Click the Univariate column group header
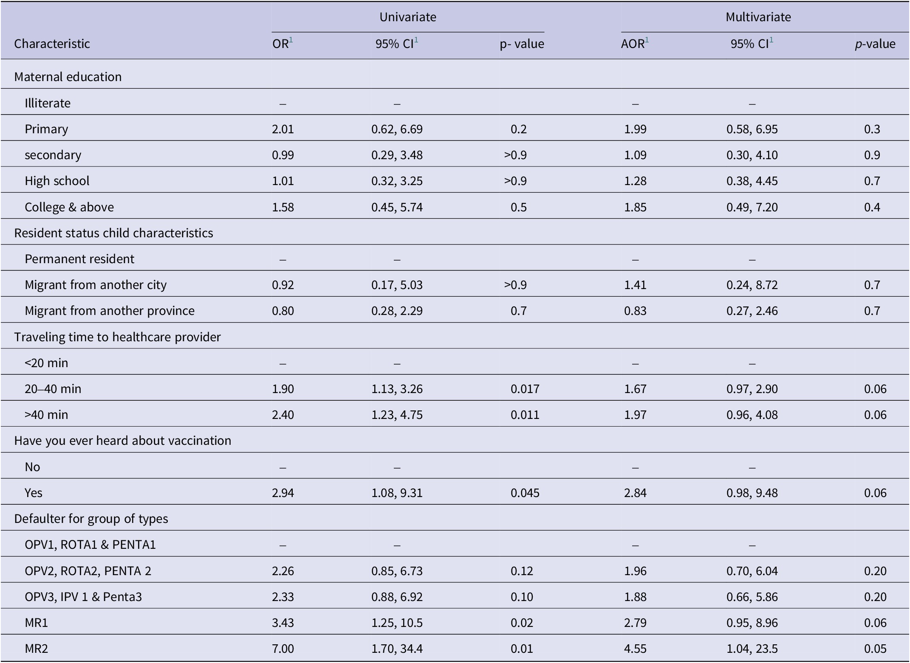tap(407, 17)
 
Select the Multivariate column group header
tap(758, 17)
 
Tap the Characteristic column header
tap(52, 44)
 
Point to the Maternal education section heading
tap(68, 77)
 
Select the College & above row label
tap(69, 207)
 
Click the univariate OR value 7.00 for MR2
tap(283, 649)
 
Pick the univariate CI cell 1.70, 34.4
tap(397, 649)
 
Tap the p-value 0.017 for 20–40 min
tap(525, 389)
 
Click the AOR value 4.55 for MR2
tap(635, 649)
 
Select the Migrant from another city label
tap(96, 285)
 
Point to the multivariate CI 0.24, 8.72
tap(752, 285)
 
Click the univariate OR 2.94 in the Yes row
tap(283, 493)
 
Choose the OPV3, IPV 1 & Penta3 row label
tap(83, 597)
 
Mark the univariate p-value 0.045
tap(525, 493)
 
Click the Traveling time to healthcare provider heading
tap(117, 337)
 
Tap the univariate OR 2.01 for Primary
tap(283, 129)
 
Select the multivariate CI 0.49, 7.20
tap(752, 207)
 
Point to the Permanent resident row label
tap(79, 259)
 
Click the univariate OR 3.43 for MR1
tap(283, 623)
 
